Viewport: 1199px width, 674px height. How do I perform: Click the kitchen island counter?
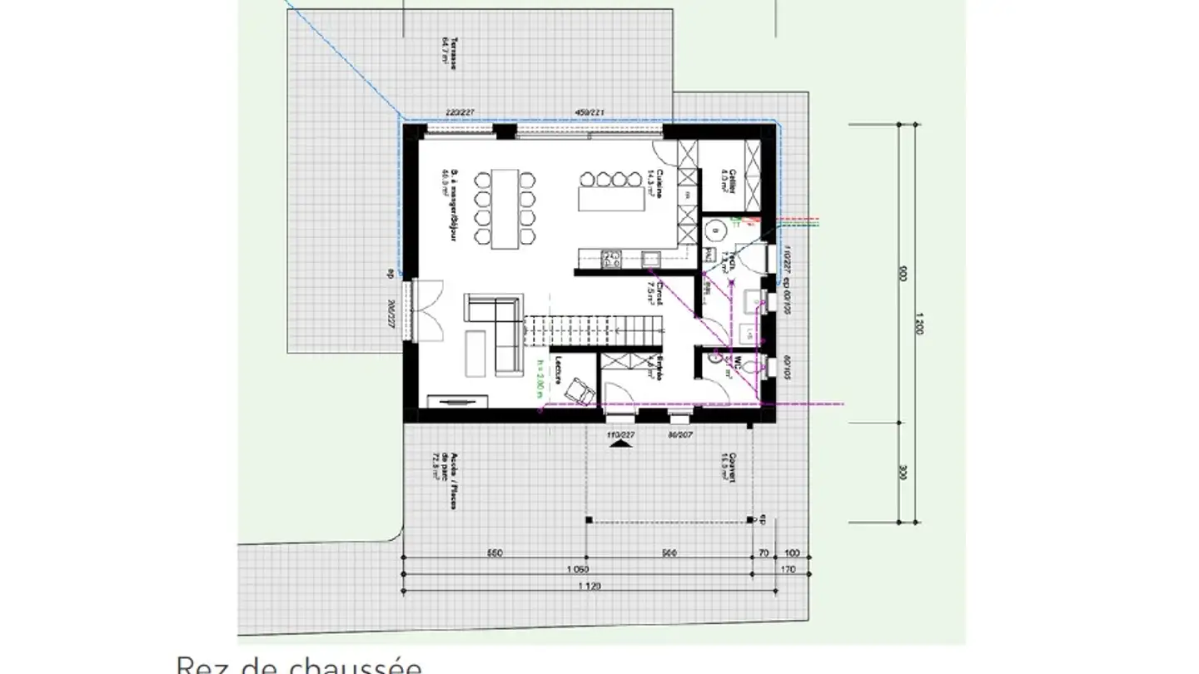pyautogui.click(x=612, y=200)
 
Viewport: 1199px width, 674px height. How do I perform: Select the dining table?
pyautogui.click(x=505, y=209)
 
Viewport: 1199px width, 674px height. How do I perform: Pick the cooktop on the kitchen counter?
pyautogui.click(x=611, y=259)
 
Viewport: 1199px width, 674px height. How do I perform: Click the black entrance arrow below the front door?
pyautogui.click(x=618, y=446)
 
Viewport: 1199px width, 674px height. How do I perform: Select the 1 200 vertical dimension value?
pyautogui.click(x=918, y=323)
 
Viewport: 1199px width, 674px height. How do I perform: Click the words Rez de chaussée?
pyautogui.click(x=299, y=665)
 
